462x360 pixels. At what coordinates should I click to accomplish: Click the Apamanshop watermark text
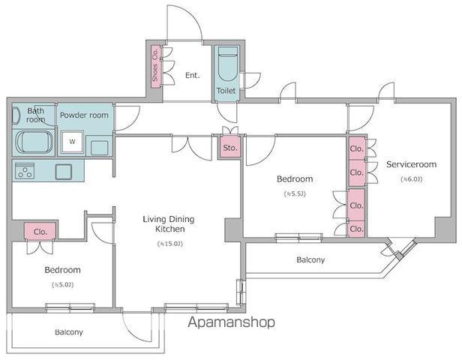click(x=231, y=322)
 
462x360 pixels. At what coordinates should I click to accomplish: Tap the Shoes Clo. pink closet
click(x=155, y=67)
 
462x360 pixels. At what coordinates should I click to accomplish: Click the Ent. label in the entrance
click(x=193, y=76)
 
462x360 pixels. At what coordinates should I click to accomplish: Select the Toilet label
click(x=226, y=91)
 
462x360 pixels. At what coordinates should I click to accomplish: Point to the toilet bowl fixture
click(x=228, y=63)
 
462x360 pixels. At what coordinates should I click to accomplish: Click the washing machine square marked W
click(x=72, y=142)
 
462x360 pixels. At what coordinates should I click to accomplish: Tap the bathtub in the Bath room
click(x=34, y=142)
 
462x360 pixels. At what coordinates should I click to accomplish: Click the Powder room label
click(x=84, y=115)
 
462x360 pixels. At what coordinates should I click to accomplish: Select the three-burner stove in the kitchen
click(x=25, y=171)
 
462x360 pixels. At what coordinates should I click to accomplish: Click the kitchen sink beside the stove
click(x=64, y=172)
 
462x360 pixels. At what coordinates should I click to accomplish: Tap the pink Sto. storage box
click(x=230, y=148)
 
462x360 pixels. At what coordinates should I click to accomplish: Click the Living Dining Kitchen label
click(x=169, y=224)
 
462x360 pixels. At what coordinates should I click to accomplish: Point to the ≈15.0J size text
click(x=170, y=244)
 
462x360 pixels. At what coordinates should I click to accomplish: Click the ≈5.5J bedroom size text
click(x=295, y=193)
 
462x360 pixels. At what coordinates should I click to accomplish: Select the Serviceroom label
click(x=412, y=164)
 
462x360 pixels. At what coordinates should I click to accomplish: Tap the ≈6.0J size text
click(x=412, y=179)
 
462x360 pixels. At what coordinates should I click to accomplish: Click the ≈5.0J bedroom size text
click(x=63, y=284)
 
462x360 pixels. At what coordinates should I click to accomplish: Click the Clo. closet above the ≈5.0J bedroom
click(x=40, y=232)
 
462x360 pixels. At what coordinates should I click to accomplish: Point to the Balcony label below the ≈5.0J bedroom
click(x=69, y=332)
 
